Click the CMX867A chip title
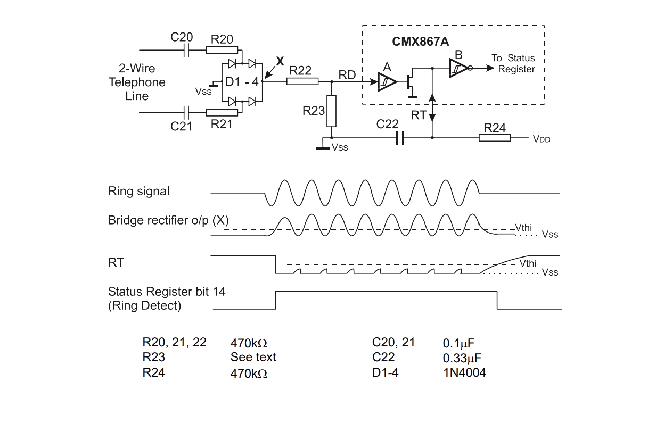coord(420,42)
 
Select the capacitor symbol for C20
coord(186,50)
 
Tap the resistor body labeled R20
coord(222,50)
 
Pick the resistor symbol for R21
coord(222,113)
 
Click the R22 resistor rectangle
coord(302,81)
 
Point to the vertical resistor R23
coord(331,111)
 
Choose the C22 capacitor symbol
coord(400,138)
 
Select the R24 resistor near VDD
coord(495,138)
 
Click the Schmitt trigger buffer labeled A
coord(387,82)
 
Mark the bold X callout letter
coord(280,61)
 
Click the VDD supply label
coord(541,139)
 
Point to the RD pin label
coord(347,75)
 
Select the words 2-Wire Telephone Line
coord(137,82)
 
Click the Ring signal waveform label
coord(138,192)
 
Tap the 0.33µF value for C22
coord(462,358)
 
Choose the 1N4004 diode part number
coord(464,372)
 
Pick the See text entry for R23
coord(253,357)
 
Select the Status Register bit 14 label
coord(167,292)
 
